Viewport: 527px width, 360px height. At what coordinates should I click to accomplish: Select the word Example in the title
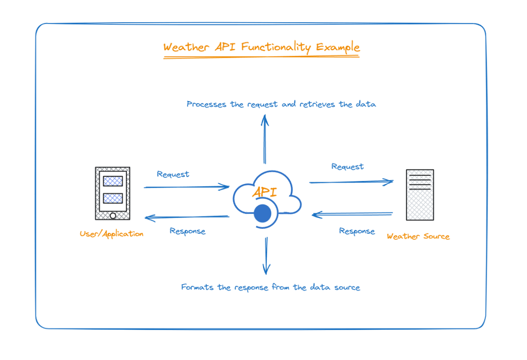pyautogui.click(x=338, y=47)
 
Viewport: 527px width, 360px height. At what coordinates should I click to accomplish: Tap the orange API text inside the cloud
pyautogui.click(x=265, y=192)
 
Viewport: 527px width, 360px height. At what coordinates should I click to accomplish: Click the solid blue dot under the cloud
pyautogui.click(x=263, y=214)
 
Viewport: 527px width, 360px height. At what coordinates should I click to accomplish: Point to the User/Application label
pyautogui.click(x=111, y=234)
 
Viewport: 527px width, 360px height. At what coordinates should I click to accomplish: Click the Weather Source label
pyautogui.click(x=418, y=236)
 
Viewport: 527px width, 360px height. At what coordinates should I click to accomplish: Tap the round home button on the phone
pyautogui.click(x=113, y=215)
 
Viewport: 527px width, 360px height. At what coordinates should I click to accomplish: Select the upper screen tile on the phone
pyautogui.click(x=113, y=181)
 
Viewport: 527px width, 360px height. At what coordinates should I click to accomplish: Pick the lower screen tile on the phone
pyautogui.click(x=113, y=198)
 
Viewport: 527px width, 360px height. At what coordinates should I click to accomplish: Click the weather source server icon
pyautogui.click(x=420, y=195)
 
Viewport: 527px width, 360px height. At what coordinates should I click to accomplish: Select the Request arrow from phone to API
pyautogui.click(x=187, y=187)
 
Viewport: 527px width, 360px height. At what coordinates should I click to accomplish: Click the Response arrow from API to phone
pyautogui.click(x=187, y=218)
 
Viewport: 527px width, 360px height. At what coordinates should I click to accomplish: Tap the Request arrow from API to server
pyautogui.click(x=351, y=182)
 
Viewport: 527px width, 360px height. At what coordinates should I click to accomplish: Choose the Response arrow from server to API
pyautogui.click(x=352, y=214)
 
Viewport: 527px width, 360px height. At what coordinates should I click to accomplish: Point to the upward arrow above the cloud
pyautogui.click(x=265, y=139)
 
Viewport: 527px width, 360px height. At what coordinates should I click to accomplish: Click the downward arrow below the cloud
pyautogui.click(x=267, y=256)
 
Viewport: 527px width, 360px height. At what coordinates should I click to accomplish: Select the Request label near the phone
pyautogui.click(x=173, y=174)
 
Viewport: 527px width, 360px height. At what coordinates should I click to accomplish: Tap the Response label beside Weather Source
pyautogui.click(x=357, y=231)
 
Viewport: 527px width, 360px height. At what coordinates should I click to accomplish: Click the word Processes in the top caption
pyautogui.click(x=206, y=104)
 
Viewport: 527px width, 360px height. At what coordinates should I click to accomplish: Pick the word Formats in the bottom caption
pyautogui.click(x=197, y=287)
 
